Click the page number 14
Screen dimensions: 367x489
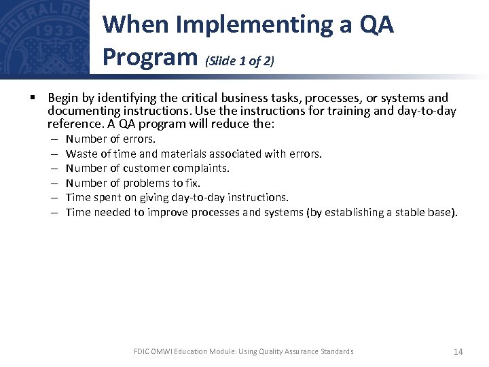tap(458, 351)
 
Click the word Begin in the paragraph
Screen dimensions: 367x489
tap(62, 98)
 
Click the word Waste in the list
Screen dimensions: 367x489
tap(80, 154)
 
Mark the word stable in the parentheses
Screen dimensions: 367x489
tap(403, 212)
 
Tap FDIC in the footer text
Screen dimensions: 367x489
tap(142, 351)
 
